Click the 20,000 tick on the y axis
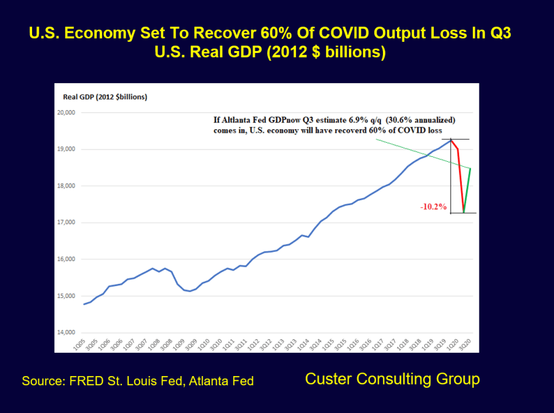coord(66,113)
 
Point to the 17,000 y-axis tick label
coord(66,223)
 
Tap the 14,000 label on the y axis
coord(66,332)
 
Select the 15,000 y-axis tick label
coord(66,296)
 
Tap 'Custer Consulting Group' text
coord(392,379)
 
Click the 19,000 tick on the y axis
coord(66,150)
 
